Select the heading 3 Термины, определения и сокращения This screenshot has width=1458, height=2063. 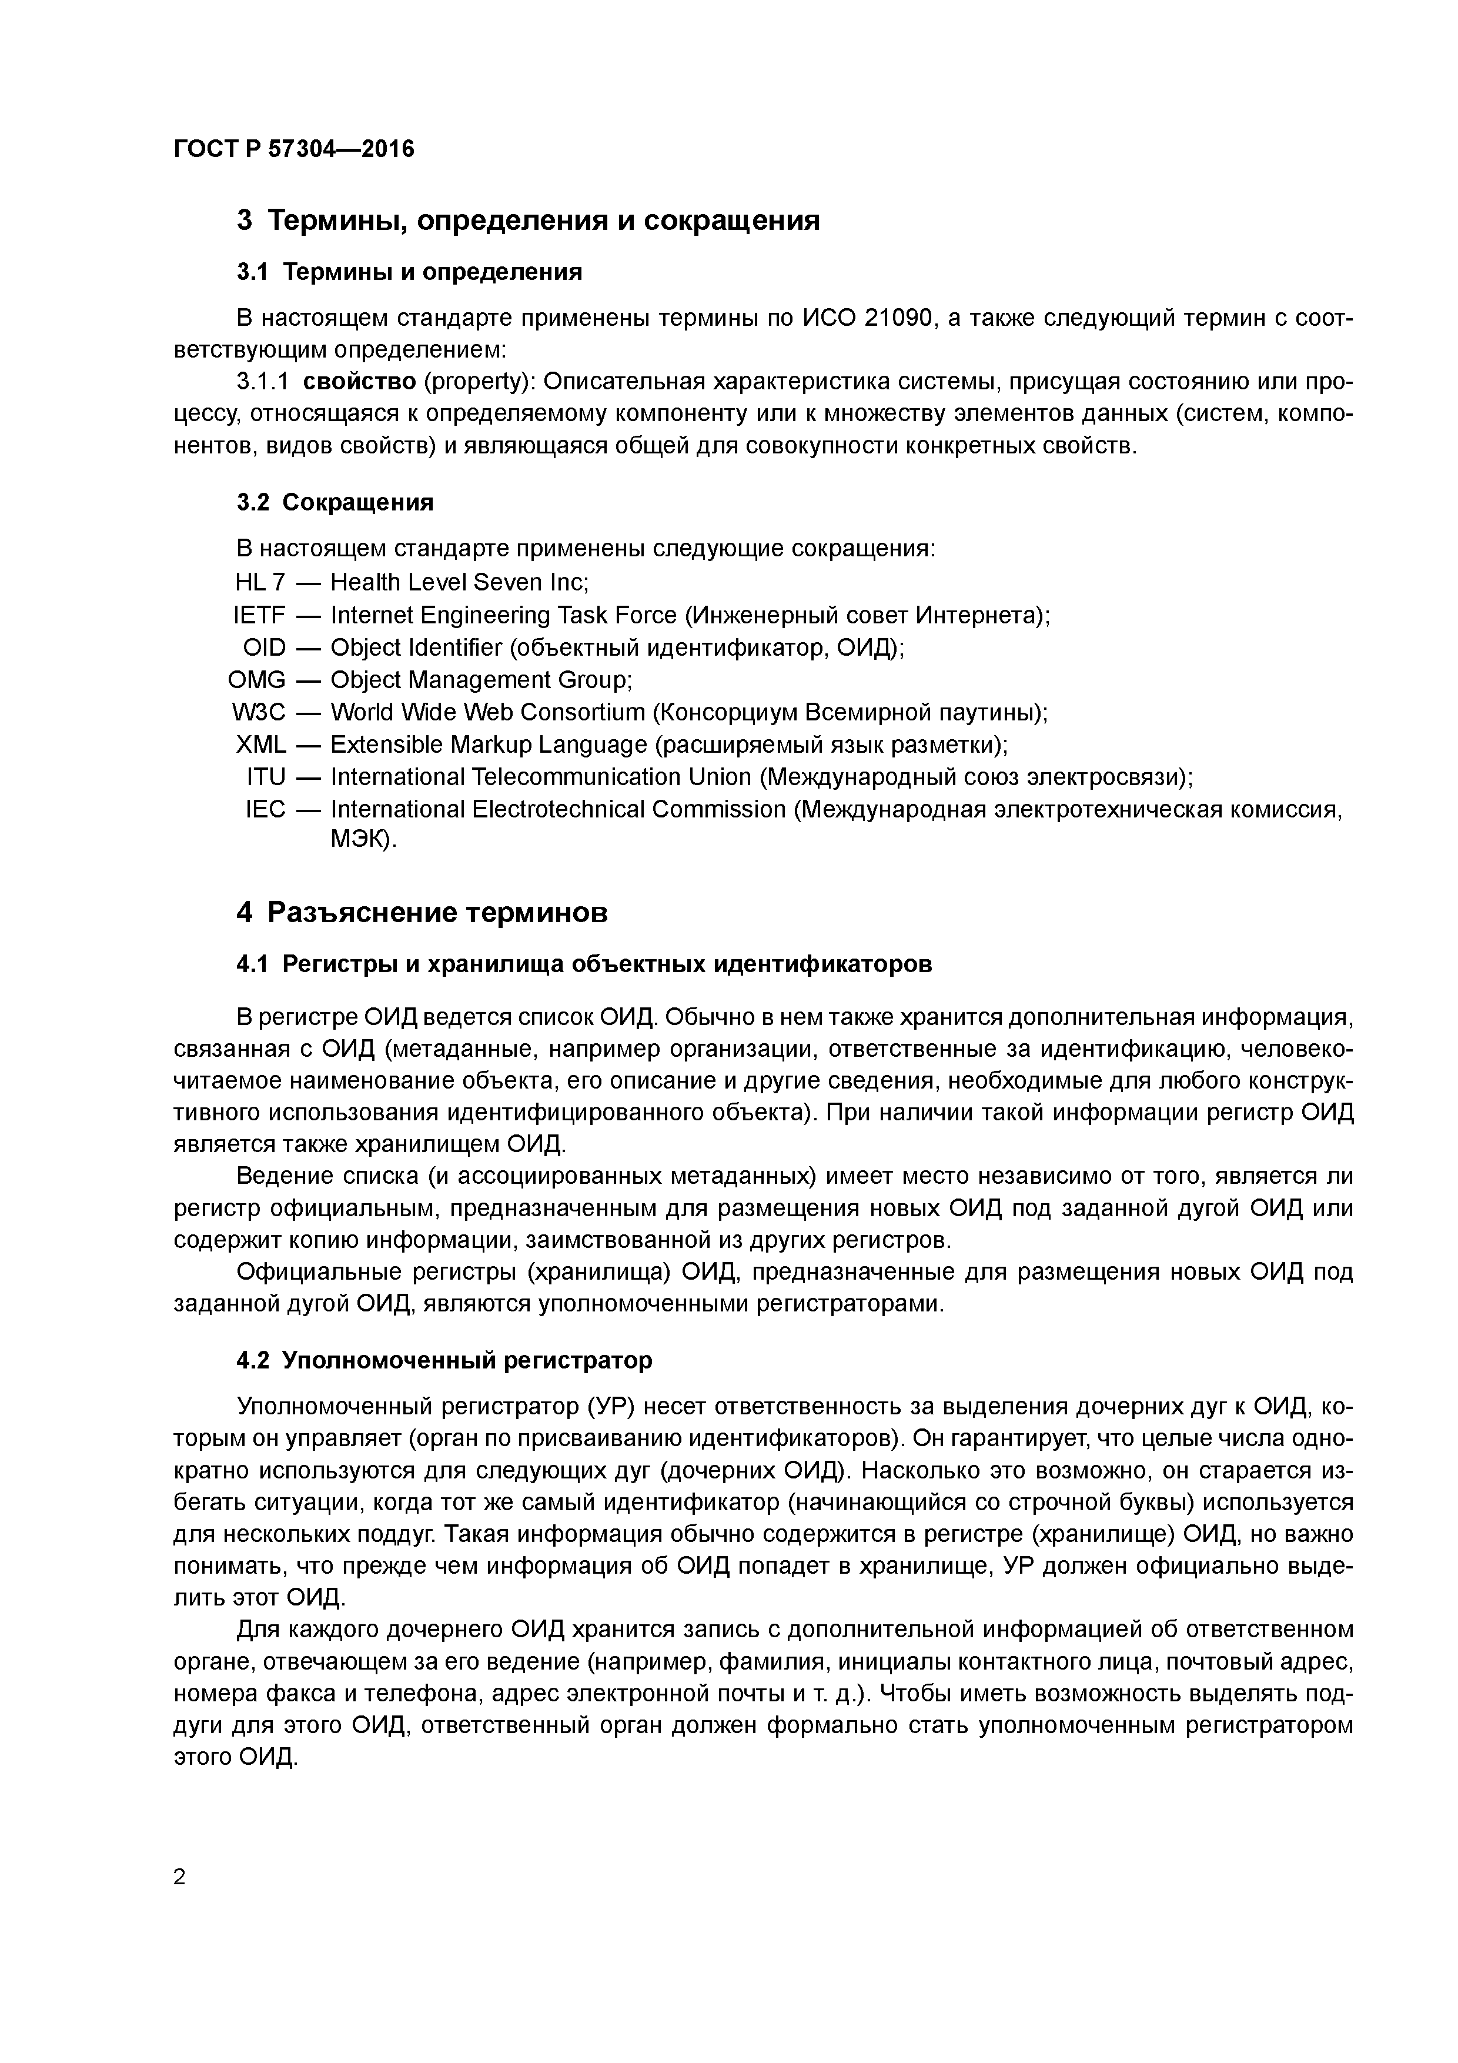point(527,220)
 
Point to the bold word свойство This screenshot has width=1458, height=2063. point(359,382)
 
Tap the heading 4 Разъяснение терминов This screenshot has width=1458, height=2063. point(422,913)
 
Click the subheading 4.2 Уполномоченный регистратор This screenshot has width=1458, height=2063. point(444,1360)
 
